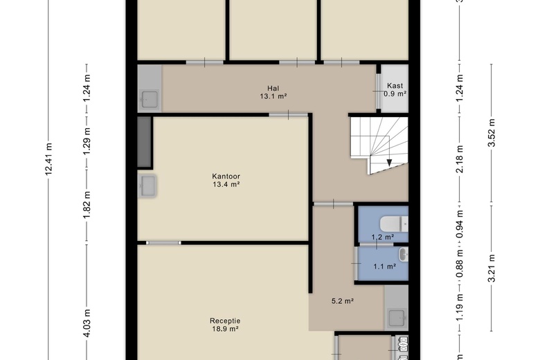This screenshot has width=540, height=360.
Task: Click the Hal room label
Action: tap(273, 89)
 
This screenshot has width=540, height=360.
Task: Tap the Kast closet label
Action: tap(395, 86)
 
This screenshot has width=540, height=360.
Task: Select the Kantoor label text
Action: tap(226, 177)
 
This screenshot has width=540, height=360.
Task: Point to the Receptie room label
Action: tap(225, 321)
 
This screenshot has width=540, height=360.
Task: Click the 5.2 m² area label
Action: tap(343, 301)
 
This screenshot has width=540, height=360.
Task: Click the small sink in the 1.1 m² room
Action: tap(404, 255)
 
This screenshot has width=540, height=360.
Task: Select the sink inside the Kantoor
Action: tap(147, 186)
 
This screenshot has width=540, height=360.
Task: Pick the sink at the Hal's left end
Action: tap(149, 100)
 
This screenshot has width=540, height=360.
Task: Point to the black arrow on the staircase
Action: tap(389, 162)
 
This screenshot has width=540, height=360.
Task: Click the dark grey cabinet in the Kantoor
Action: tap(144, 142)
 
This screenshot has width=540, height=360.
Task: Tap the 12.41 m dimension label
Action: tap(48, 159)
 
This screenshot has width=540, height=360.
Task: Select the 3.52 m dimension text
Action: tap(492, 133)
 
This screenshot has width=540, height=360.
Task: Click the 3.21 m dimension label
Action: tap(492, 269)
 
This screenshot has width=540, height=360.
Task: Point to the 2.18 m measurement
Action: tap(460, 159)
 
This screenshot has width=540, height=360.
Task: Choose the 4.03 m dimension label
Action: tap(87, 323)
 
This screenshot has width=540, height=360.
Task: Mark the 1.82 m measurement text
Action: tap(87, 205)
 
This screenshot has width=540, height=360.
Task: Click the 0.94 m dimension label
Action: tap(460, 224)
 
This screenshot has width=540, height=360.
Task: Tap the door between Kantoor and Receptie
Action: tap(163, 243)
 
